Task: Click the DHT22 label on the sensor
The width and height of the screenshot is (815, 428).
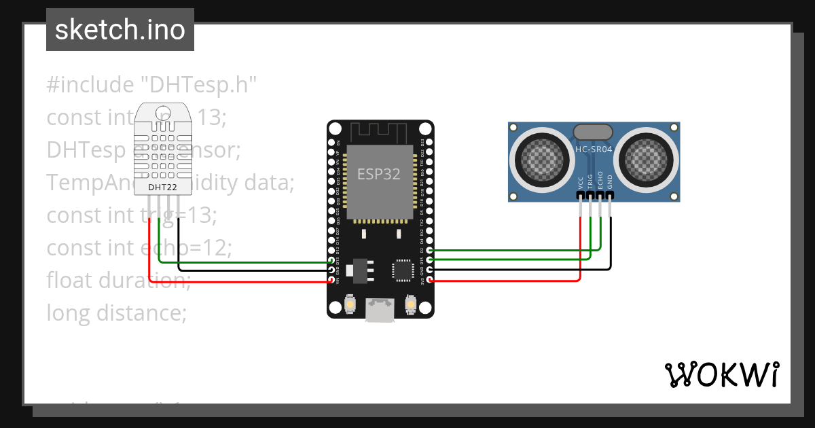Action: click(158, 186)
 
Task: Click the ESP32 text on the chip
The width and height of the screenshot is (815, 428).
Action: click(379, 173)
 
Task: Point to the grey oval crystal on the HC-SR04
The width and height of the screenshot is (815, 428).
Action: click(594, 132)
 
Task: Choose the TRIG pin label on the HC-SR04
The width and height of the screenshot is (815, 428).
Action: click(590, 181)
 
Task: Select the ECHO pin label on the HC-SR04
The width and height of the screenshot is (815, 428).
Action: click(600, 181)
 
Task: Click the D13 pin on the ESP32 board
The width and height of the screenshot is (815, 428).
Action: click(332, 261)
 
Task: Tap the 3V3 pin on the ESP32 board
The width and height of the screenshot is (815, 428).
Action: click(429, 280)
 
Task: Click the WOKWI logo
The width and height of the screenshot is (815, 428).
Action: click(721, 374)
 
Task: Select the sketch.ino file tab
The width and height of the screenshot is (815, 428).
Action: click(120, 30)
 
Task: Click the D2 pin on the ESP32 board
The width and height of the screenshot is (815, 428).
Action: click(429, 251)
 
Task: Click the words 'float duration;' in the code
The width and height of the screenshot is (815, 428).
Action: click(119, 279)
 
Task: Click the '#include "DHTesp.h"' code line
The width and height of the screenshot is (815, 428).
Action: click(151, 85)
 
